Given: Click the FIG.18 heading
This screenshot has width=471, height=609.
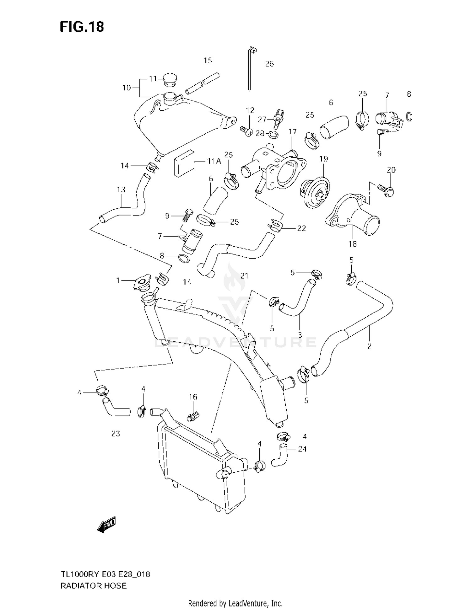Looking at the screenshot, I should point(82,27).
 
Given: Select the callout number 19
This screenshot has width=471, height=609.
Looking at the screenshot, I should point(323,159).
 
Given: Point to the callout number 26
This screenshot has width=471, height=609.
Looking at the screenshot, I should point(269,64).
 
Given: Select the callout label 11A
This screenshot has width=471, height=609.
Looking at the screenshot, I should point(214,161).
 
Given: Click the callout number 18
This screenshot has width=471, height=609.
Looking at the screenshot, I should point(352,244).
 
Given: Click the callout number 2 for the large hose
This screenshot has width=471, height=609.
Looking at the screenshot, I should point(369,346).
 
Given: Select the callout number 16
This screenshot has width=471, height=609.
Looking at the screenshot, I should point(193,397).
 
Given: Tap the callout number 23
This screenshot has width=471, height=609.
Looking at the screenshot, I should point(116,433).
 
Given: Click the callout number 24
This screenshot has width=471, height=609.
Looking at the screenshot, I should point(302,449).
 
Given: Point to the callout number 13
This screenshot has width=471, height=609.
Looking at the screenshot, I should point(121,190).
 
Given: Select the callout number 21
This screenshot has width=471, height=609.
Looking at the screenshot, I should point(244,275).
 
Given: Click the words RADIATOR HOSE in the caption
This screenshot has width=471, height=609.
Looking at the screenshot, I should point(93,585).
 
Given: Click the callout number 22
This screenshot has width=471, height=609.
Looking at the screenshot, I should point(301,228).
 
